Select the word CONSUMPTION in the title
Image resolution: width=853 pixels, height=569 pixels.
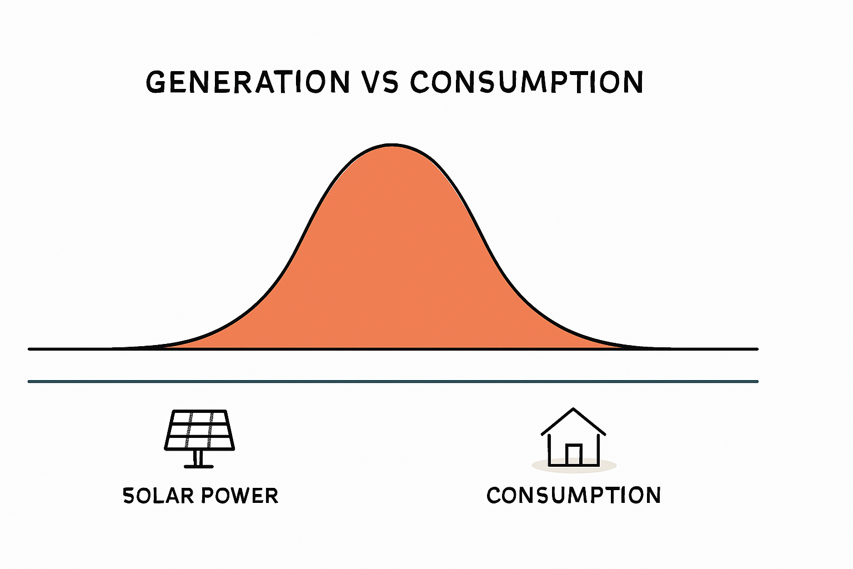(x=526, y=82)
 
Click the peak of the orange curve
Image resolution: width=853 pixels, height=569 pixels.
(x=393, y=146)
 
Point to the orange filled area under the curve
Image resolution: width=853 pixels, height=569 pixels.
(x=393, y=261)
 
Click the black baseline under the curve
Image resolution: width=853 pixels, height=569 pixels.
(x=111, y=349)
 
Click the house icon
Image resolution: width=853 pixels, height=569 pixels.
(x=573, y=439)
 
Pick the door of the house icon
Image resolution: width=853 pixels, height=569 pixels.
(x=573, y=455)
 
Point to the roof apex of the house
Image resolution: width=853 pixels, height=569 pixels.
(x=573, y=410)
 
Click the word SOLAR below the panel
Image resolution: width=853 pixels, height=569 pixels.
(x=158, y=496)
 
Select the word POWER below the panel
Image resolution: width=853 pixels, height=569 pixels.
(x=239, y=496)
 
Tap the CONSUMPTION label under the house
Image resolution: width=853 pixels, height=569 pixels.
(x=573, y=495)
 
